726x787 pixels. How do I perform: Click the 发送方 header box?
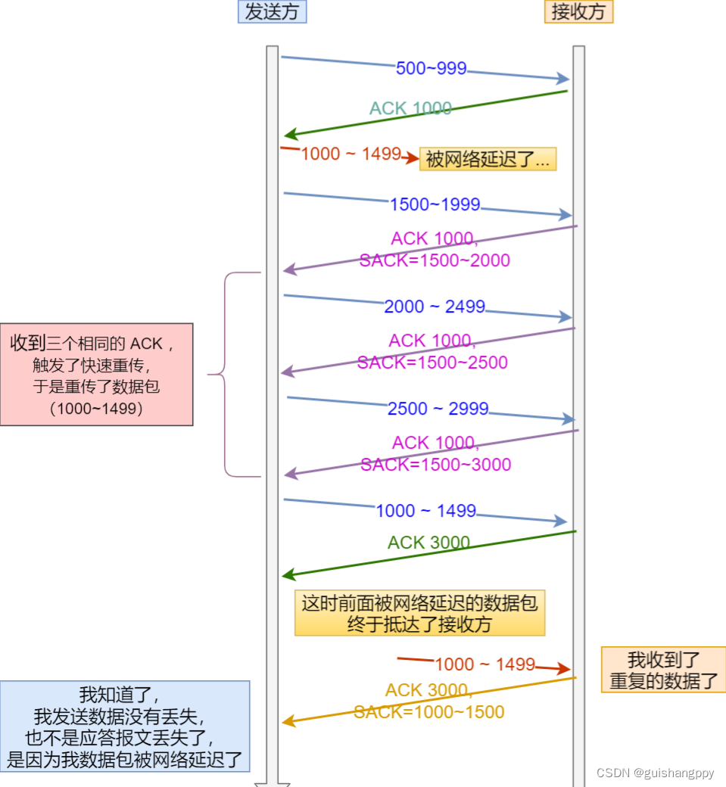coord(272,11)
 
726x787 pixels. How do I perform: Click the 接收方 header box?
coord(578,11)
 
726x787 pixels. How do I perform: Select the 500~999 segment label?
coord(431,69)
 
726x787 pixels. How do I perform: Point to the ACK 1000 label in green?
coord(410,108)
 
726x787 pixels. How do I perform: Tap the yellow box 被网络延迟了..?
coord(488,159)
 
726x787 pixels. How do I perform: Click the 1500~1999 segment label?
coord(435,204)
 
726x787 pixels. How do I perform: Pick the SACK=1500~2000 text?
coord(435,260)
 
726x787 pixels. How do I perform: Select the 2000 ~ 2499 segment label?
coord(435,306)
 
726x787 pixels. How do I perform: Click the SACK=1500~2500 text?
coord(432,362)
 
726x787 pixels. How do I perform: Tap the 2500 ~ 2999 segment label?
coord(438,409)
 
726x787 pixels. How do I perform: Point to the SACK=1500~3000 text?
coord(435,465)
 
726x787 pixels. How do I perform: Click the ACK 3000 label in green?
coord(428,543)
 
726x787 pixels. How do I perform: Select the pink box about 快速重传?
coord(96,375)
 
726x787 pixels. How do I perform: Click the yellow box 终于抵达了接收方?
coord(419,614)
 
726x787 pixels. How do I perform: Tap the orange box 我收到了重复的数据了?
coord(663,670)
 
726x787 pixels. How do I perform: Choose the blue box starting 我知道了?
coord(125,726)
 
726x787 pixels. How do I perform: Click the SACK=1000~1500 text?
coord(428,712)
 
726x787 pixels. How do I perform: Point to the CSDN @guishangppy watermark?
coord(655,773)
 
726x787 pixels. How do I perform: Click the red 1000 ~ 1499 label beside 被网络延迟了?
coord(351,154)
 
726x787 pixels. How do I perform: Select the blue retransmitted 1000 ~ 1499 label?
coord(425,511)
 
